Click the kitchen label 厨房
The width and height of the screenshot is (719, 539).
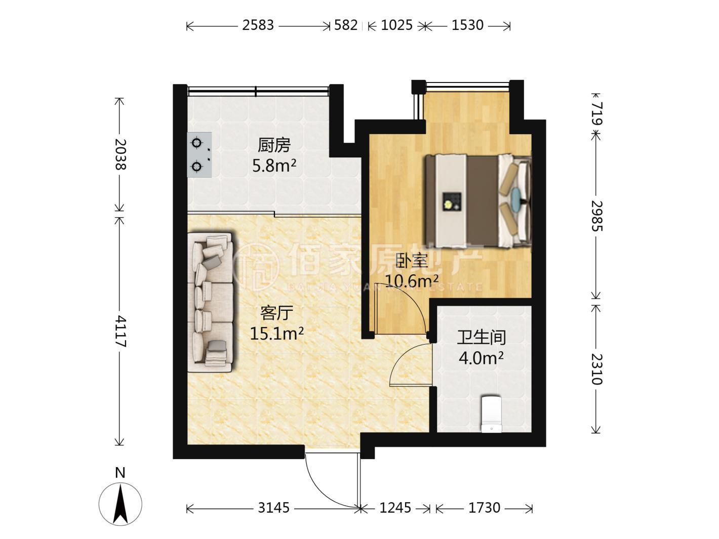click(x=274, y=146)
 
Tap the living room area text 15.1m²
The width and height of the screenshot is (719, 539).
click(x=277, y=334)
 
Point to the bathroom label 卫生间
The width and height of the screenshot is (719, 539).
click(x=482, y=338)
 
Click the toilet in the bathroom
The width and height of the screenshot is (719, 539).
click(x=491, y=414)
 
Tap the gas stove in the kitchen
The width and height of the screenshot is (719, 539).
click(x=199, y=155)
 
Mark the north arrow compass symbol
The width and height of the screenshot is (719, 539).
click(x=121, y=504)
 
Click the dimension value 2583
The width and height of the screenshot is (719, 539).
click(x=258, y=25)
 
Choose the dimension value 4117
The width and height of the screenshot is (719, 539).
click(x=120, y=331)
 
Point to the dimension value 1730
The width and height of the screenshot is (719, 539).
click(x=484, y=508)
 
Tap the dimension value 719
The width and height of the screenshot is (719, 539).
click(x=597, y=113)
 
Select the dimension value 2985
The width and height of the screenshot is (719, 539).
click(x=597, y=216)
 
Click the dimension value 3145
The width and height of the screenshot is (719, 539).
click(x=273, y=508)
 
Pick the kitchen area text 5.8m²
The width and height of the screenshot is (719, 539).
click(x=274, y=166)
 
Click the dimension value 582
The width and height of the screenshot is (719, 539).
click(x=346, y=25)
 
